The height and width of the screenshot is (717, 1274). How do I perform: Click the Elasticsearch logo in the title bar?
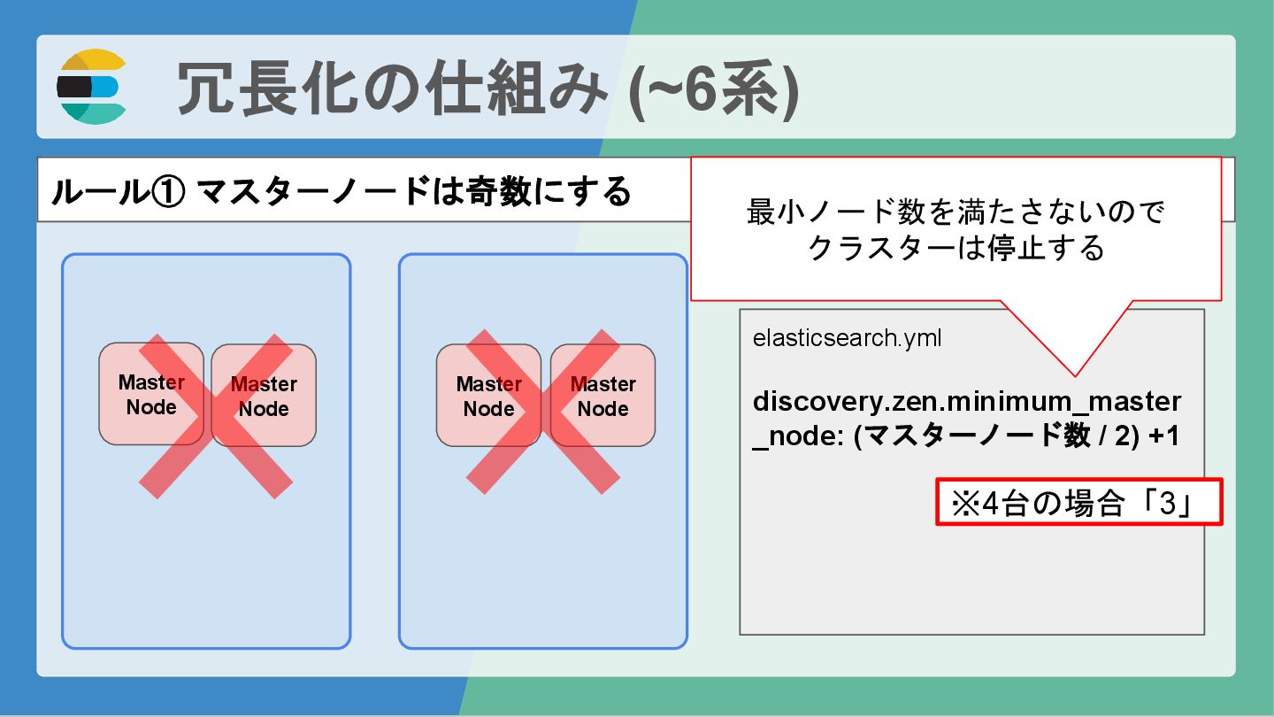(92, 87)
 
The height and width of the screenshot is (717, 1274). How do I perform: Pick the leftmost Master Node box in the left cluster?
(151, 394)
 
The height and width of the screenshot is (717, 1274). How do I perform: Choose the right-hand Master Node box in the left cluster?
(264, 396)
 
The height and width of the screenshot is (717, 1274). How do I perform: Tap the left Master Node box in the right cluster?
(488, 396)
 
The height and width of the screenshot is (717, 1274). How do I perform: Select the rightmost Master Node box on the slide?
(602, 396)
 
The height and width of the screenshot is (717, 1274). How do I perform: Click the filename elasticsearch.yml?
(847, 338)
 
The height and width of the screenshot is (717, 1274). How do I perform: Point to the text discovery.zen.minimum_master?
(966, 402)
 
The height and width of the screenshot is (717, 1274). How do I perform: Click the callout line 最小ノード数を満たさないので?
(955, 212)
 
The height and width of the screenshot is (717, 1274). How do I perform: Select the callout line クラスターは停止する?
(955, 249)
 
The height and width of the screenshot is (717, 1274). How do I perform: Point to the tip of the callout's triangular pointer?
(1075, 375)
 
